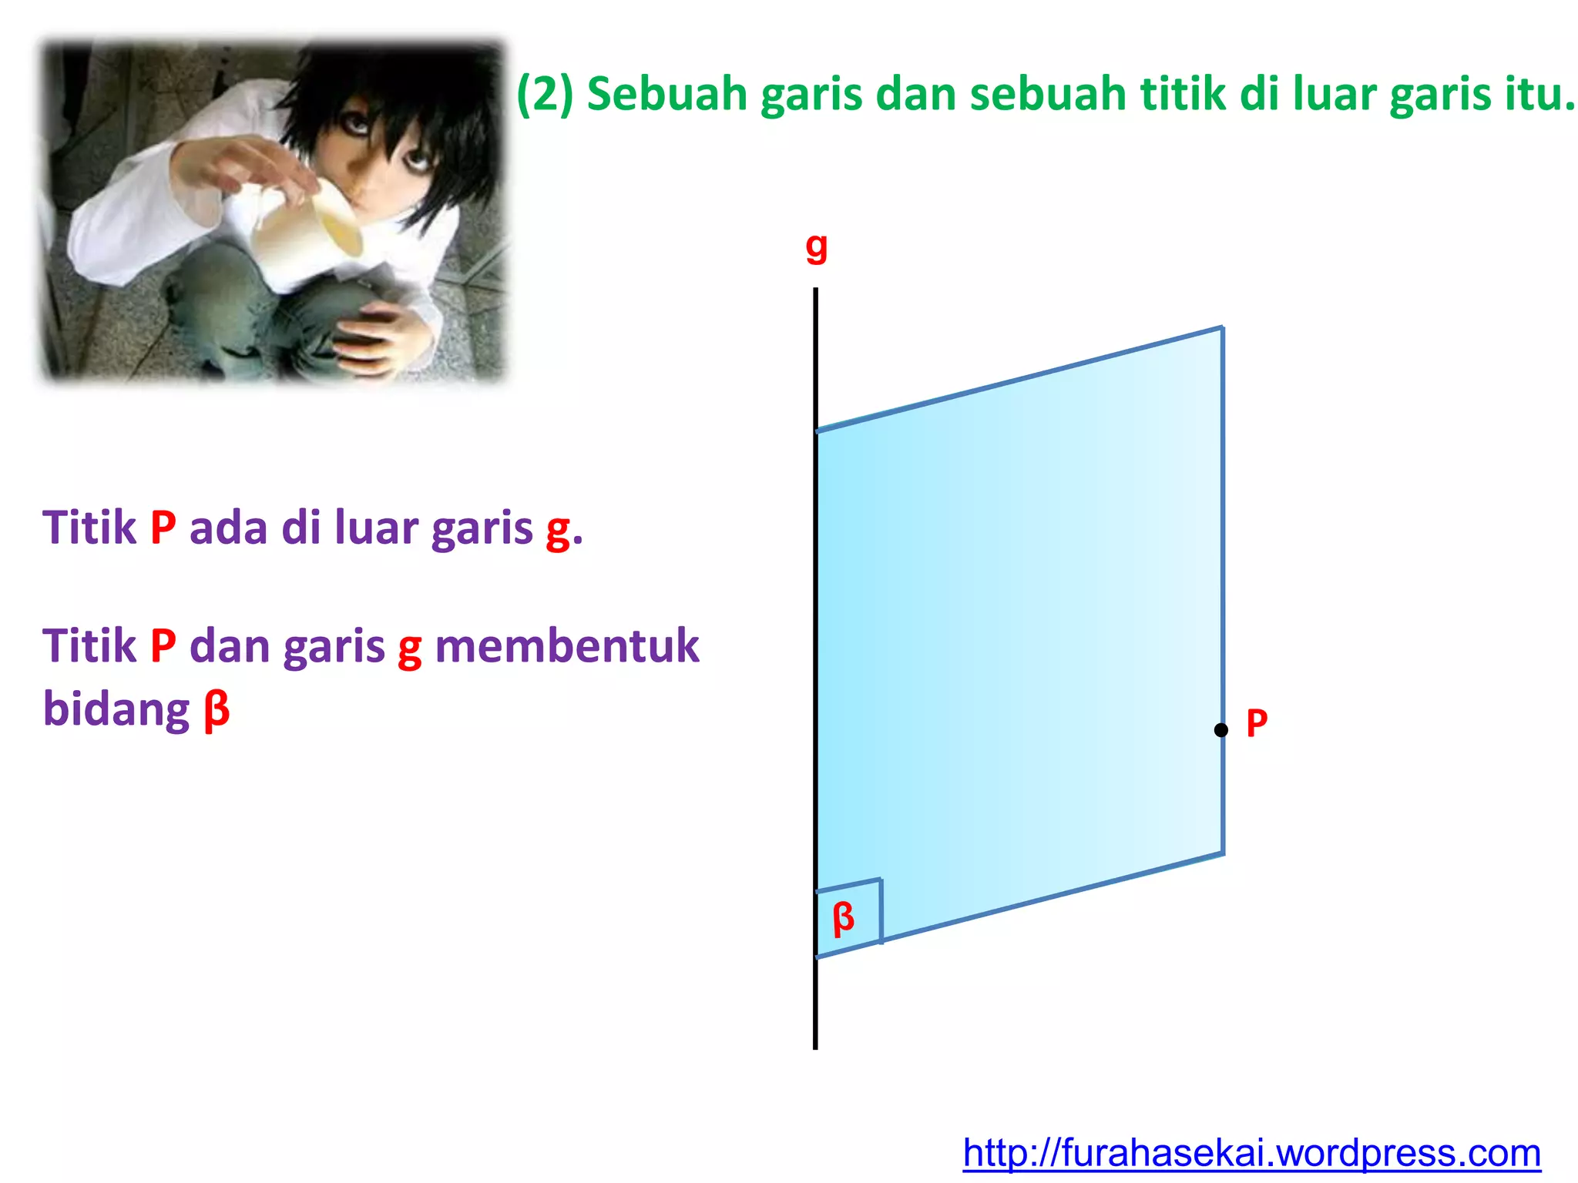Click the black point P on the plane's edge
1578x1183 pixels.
(1220, 729)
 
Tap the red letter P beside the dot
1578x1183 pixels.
(1257, 723)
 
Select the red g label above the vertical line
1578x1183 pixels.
(816, 247)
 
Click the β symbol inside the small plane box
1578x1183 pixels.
(844, 917)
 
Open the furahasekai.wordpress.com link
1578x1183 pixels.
(1251, 1153)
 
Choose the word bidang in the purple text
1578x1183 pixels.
(116, 709)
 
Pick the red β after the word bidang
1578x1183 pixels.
(217, 709)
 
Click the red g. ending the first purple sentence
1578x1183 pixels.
(563, 530)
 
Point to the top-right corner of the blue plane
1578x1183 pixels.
(1222, 328)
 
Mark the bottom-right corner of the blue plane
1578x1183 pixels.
(1223, 854)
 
